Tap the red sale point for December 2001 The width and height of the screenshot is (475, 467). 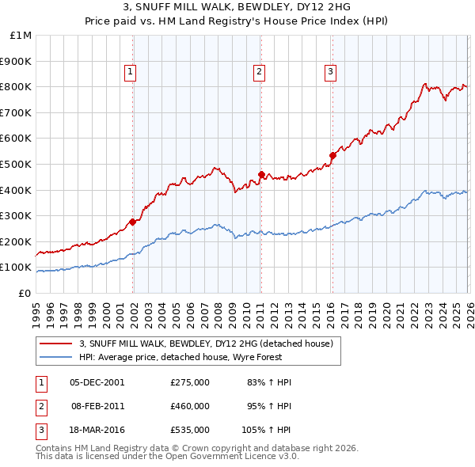(x=132, y=222)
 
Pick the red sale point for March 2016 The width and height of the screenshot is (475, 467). (x=332, y=155)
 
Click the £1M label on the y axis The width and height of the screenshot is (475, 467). (x=21, y=36)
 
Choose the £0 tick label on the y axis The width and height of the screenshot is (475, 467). (x=25, y=293)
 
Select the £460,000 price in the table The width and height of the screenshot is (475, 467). (x=189, y=406)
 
